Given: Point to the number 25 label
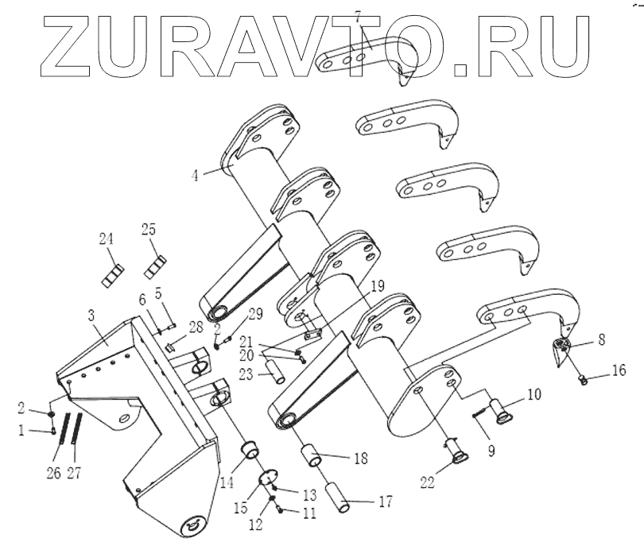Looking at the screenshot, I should click(149, 230).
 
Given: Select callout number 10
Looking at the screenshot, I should click(532, 393).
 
